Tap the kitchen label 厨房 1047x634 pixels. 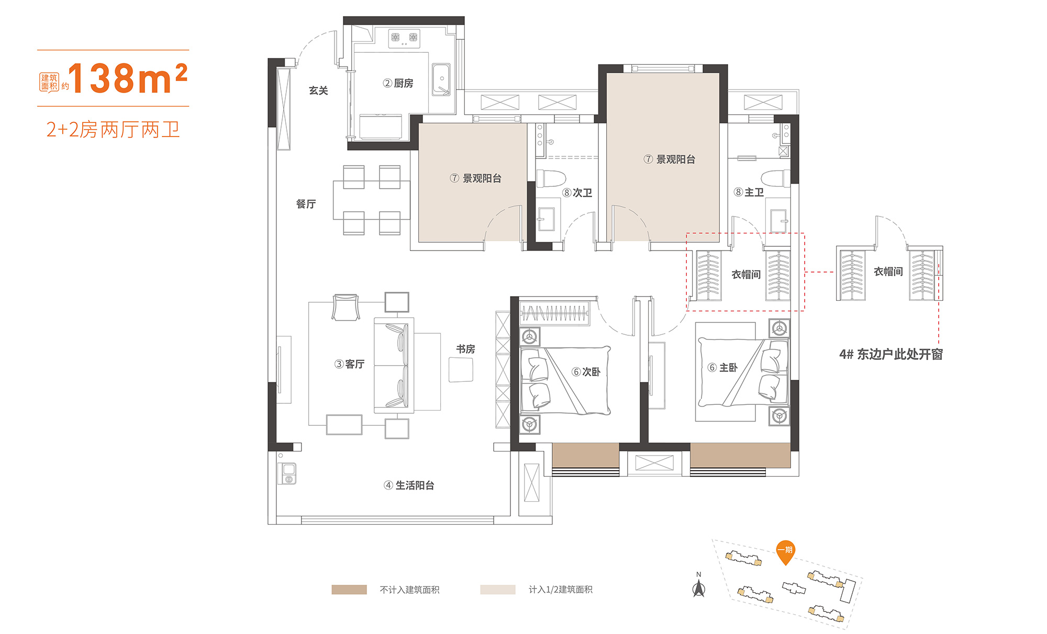tap(404, 83)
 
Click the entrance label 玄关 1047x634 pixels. tap(318, 90)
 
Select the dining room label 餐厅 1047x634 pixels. tap(306, 204)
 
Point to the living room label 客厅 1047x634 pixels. tap(354, 364)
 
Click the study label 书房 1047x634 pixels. tap(465, 349)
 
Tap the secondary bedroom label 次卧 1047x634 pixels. tap(592, 372)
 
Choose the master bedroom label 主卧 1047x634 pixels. tap(728, 368)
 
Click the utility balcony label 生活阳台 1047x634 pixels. tap(415, 485)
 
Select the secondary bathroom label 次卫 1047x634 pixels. tap(582, 193)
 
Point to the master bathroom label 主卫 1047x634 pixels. tap(754, 193)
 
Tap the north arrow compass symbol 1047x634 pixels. tap(699, 585)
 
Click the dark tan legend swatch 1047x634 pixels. tap(349, 590)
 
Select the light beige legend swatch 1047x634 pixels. tap(498, 590)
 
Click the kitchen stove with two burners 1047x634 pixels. tap(404, 38)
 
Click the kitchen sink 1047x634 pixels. tap(441, 80)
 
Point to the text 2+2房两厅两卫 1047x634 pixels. tap(113, 129)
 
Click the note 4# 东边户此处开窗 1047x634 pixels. tap(891, 354)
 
